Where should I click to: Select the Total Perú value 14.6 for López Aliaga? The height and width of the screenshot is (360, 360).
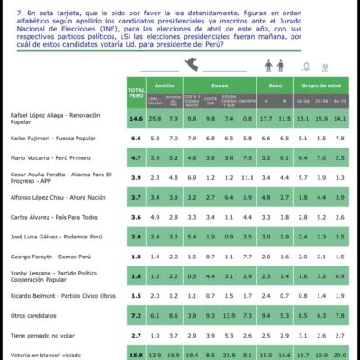coord(137,118)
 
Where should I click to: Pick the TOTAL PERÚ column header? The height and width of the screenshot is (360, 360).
coord(137,93)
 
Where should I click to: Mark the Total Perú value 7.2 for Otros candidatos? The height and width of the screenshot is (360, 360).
coord(137,315)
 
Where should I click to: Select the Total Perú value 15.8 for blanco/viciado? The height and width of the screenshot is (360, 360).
coord(137,355)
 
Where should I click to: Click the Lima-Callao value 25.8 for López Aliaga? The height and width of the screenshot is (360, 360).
coord(155,118)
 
